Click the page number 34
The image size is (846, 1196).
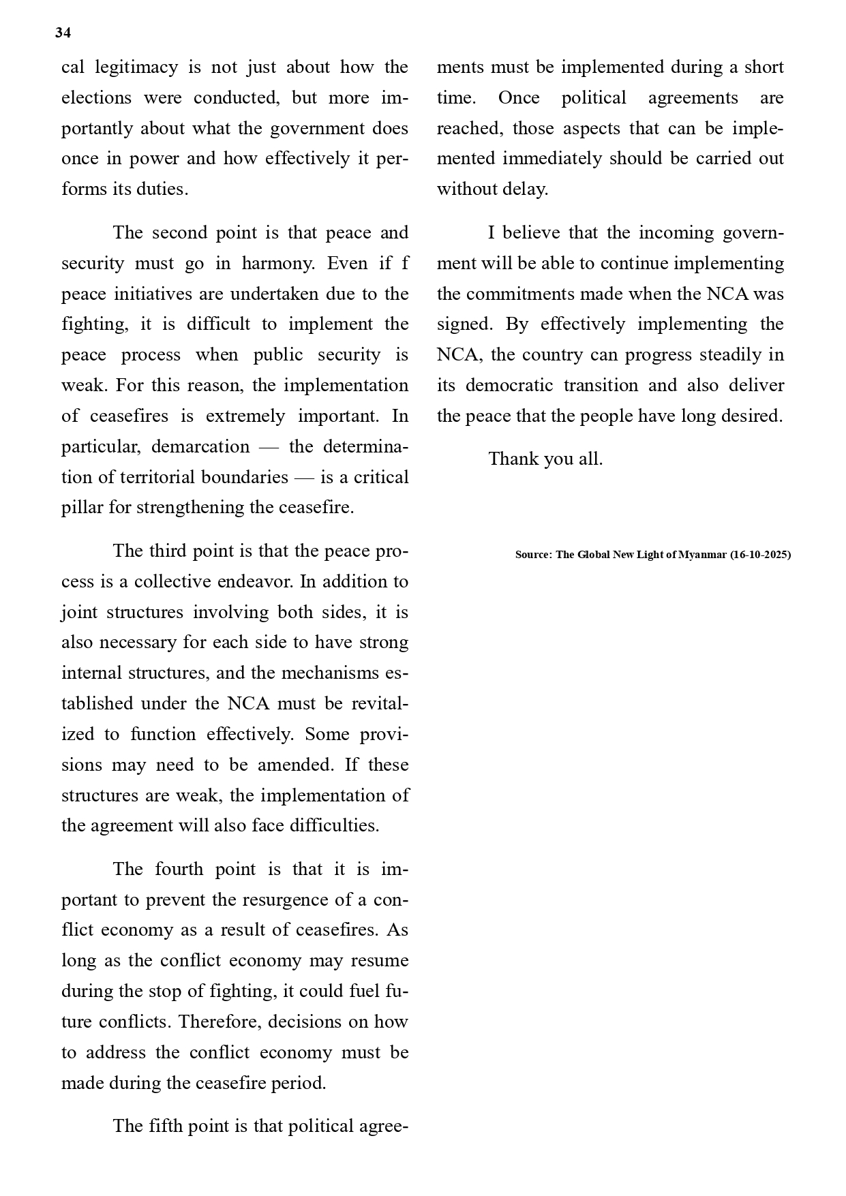pyautogui.click(x=63, y=33)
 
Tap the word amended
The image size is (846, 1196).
pyautogui.click(x=295, y=765)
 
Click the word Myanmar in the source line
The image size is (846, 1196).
pyautogui.click(x=702, y=555)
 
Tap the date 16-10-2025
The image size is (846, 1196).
pyautogui.click(x=760, y=555)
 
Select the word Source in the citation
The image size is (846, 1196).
pyautogui.click(x=532, y=555)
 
